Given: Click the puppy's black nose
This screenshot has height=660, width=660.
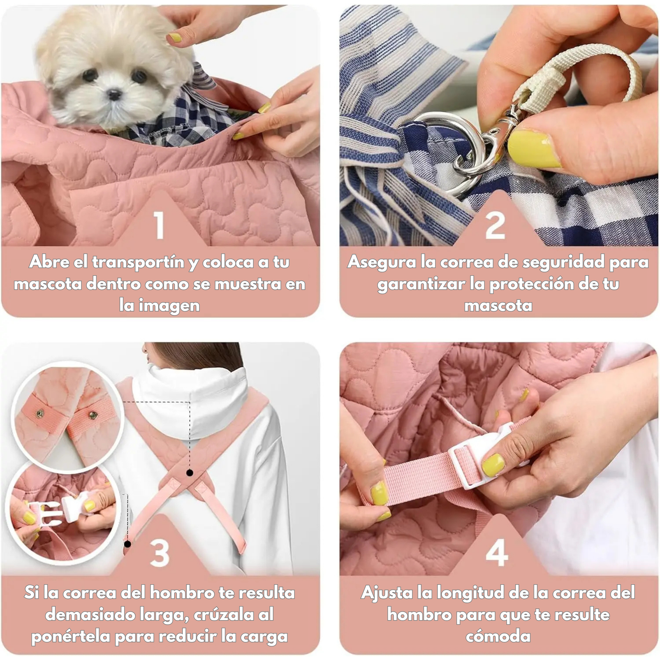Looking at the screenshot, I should click(114, 94).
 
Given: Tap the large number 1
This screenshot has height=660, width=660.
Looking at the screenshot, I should click(159, 225).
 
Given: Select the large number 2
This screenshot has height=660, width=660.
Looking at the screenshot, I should click(495, 225).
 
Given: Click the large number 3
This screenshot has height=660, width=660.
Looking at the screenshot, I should click(159, 553).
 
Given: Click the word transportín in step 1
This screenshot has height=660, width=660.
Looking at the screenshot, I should click(139, 262).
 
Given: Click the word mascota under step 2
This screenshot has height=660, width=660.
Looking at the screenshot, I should click(498, 305).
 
